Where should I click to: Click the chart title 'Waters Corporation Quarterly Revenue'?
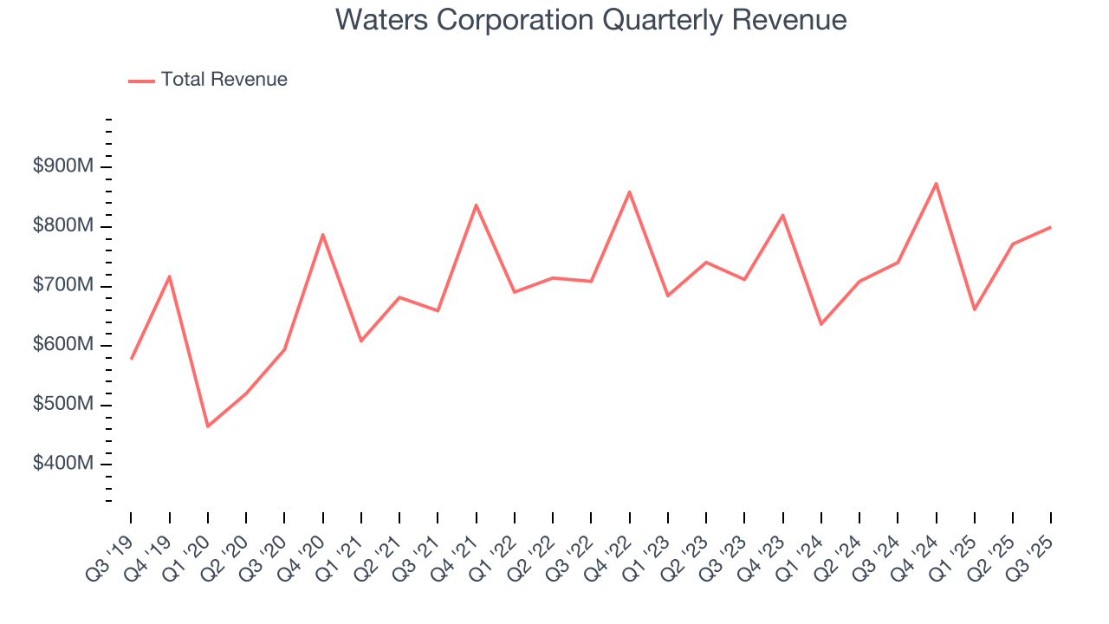591,20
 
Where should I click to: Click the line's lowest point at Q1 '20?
208,426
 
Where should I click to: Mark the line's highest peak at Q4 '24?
937,183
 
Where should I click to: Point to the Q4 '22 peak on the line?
629,192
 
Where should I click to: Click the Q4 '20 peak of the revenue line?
322,234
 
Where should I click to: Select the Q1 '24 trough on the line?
821,324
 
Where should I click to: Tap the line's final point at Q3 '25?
1051,227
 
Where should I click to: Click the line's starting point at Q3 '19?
132,358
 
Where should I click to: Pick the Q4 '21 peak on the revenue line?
476,205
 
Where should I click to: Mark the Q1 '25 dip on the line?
975,309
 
